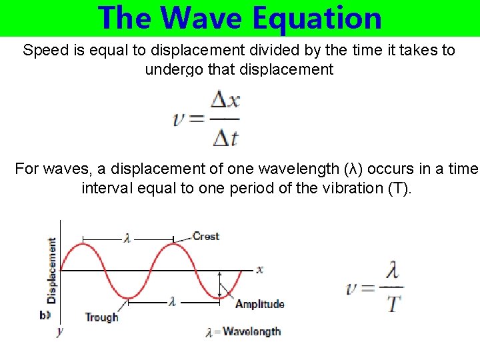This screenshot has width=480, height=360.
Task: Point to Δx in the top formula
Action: click(225, 101)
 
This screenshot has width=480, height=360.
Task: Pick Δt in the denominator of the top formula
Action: click(225, 138)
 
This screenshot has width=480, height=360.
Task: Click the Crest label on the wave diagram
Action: click(205, 236)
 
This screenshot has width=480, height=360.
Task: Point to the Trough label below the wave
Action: click(101, 317)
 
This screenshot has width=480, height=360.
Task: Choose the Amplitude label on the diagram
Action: click(260, 304)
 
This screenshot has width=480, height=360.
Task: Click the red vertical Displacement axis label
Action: click(51, 270)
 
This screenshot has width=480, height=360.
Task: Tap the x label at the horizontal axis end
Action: click(259, 269)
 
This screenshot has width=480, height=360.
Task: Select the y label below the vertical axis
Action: click(59, 331)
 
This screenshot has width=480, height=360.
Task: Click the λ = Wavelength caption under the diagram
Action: click(243, 331)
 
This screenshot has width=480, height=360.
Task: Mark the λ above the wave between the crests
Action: click(127, 237)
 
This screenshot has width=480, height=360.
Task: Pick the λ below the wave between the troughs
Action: click(172, 302)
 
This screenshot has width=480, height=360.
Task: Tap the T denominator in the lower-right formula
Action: click(393, 304)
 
